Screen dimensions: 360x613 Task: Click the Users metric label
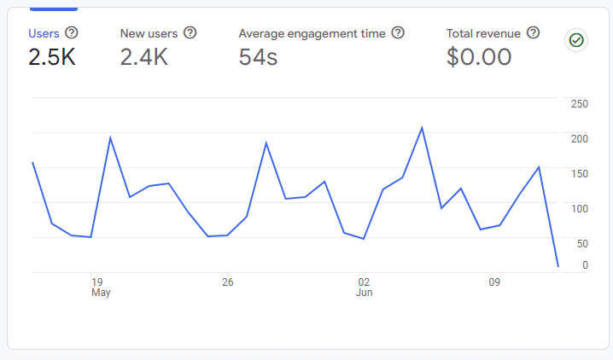[44, 33]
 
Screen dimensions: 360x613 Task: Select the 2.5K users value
[52, 57]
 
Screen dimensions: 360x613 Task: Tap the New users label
[149, 33]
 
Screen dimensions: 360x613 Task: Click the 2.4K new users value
[143, 57]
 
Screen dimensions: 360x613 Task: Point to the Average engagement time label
[312, 33]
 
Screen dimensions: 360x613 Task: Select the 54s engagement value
[258, 57]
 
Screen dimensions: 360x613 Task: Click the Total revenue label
[483, 33]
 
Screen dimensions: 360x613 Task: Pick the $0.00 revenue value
[479, 57]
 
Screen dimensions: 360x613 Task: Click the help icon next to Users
[72, 32]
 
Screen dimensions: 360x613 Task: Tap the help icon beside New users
[190, 32]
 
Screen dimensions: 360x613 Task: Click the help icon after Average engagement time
[398, 32]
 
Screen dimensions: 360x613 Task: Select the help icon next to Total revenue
[534, 32]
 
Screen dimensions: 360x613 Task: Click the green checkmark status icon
[576, 40]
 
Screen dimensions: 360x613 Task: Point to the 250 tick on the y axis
[580, 104]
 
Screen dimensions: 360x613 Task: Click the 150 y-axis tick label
[580, 173]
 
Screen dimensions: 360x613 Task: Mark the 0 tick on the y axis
[585, 265]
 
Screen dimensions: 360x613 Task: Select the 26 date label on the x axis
[227, 282]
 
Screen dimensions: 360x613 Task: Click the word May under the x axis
[101, 293]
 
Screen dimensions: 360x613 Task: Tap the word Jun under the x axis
[364, 293]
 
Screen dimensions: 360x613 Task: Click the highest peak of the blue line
[422, 128]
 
